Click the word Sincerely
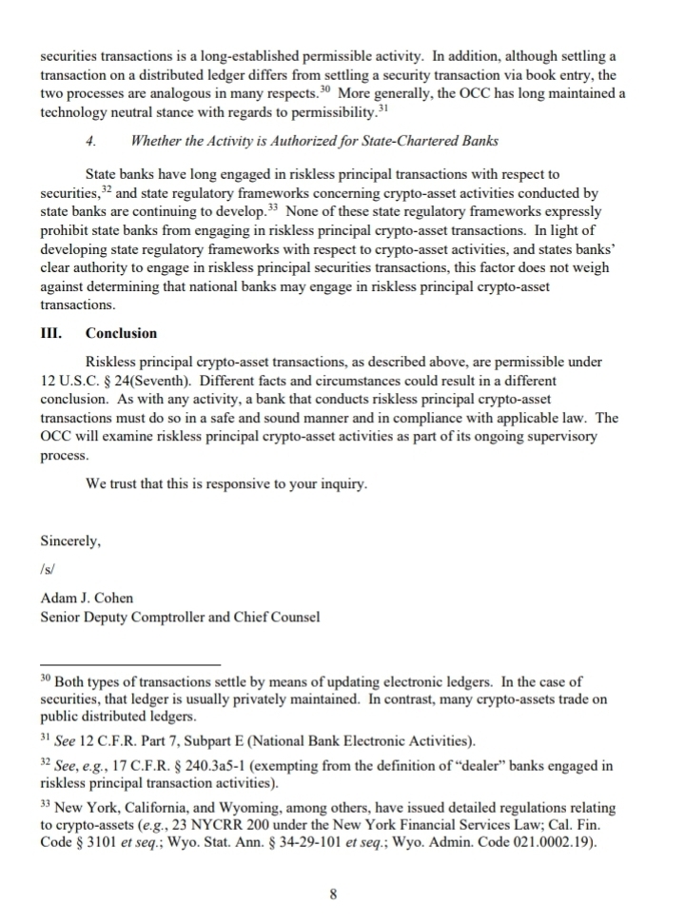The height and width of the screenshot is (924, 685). (69, 541)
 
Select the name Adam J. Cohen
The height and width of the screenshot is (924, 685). (87, 598)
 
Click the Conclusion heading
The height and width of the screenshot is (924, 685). (121, 334)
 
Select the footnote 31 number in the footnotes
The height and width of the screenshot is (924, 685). (46, 738)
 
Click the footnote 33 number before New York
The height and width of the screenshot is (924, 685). (46, 804)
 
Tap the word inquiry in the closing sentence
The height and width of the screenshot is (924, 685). (338, 484)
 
